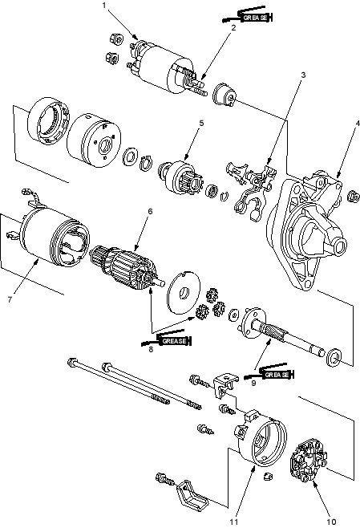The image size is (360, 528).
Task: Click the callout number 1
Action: coord(104,5)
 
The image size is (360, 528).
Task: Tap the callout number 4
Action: coord(358,123)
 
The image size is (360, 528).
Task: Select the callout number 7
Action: coord(10,299)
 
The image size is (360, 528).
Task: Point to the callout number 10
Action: coord(331,522)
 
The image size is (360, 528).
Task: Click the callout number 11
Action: coord(234,522)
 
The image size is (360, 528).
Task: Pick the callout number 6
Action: coord(150,211)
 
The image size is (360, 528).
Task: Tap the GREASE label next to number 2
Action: coord(255,18)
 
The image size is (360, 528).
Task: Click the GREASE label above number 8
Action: coord(174,341)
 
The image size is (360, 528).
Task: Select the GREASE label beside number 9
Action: coord(277,375)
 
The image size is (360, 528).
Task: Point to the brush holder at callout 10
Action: coord(308,461)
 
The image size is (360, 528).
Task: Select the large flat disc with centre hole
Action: coord(184,292)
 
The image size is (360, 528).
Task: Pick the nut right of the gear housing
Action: coord(353,197)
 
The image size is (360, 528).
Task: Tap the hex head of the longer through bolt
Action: coord(72,364)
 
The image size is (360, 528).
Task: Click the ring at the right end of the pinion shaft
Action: coord(334,358)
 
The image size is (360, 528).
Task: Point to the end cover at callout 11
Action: coord(260,438)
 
